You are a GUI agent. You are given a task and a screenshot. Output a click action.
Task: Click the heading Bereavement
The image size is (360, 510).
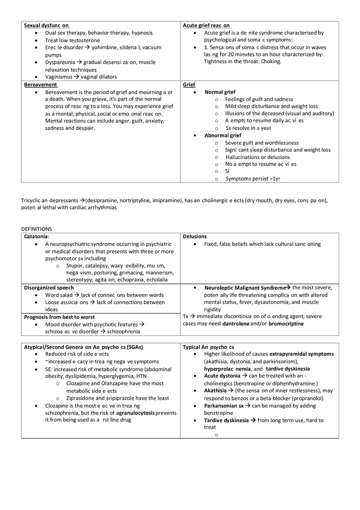[x=40, y=85]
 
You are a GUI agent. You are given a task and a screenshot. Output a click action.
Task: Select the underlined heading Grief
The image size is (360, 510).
[x=189, y=85]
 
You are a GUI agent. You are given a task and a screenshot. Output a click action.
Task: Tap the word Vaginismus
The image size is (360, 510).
[x=59, y=77]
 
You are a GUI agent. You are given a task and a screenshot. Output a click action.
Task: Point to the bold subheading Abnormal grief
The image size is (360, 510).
[x=223, y=135]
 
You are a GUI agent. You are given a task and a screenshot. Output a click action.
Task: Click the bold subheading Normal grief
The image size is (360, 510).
[x=220, y=92]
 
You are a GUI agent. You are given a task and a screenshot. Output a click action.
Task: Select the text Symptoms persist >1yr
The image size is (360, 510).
[x=253, y=179]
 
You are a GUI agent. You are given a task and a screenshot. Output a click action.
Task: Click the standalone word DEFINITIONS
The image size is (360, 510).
[x=36, y=229]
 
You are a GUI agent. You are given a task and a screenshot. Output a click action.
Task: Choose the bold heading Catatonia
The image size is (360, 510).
[x=36, y=236]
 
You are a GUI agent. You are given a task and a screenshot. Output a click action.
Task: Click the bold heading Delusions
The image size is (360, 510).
[x=195, y=236]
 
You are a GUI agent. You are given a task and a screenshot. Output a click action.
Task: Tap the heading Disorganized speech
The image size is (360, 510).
[x=49, y=288]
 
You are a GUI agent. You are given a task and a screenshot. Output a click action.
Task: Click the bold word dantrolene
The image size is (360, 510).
[x=236, y=324]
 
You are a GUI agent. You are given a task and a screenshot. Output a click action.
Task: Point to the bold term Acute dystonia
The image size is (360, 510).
[x=222, y=376]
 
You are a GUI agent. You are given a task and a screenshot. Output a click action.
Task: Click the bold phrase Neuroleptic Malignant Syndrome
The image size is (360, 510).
[x=245, y=288]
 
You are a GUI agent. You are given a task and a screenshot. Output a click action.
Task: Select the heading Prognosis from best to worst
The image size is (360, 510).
[x=59, y=317]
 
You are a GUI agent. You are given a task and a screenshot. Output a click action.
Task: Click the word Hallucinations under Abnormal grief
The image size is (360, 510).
[x=243, y=157]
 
